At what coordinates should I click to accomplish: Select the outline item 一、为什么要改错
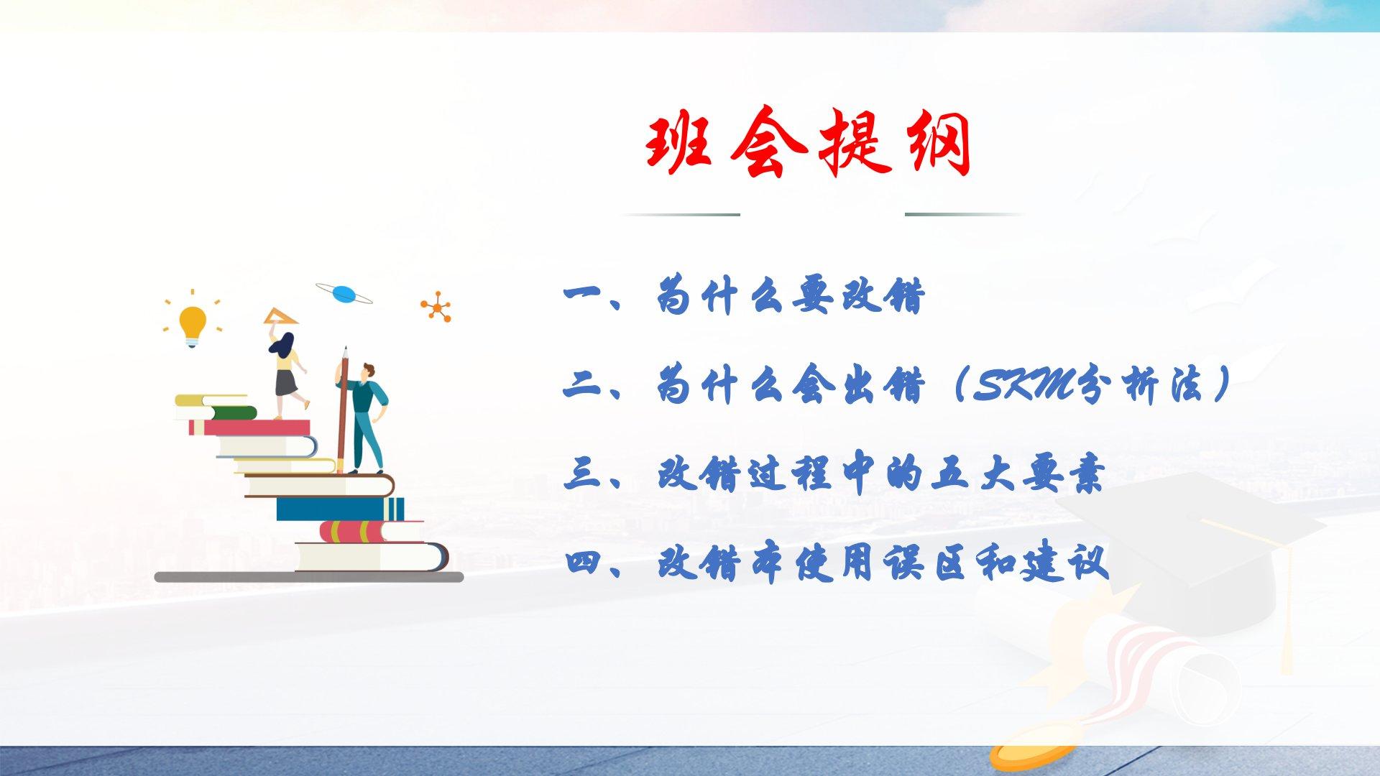tap(745, 295)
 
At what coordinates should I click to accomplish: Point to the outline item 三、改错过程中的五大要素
tap(834, 474)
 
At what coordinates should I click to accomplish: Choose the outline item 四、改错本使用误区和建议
tap(837, 563)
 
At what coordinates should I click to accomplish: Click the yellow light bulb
tap(192, 324)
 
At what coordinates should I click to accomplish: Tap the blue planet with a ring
tap(344, 293)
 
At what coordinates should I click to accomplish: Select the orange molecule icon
tap(436, 308)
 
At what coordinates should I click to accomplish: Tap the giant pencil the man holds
tap(343, 410)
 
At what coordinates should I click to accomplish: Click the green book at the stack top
tap(226, 412)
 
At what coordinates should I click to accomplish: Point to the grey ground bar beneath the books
tap(309, 576)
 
